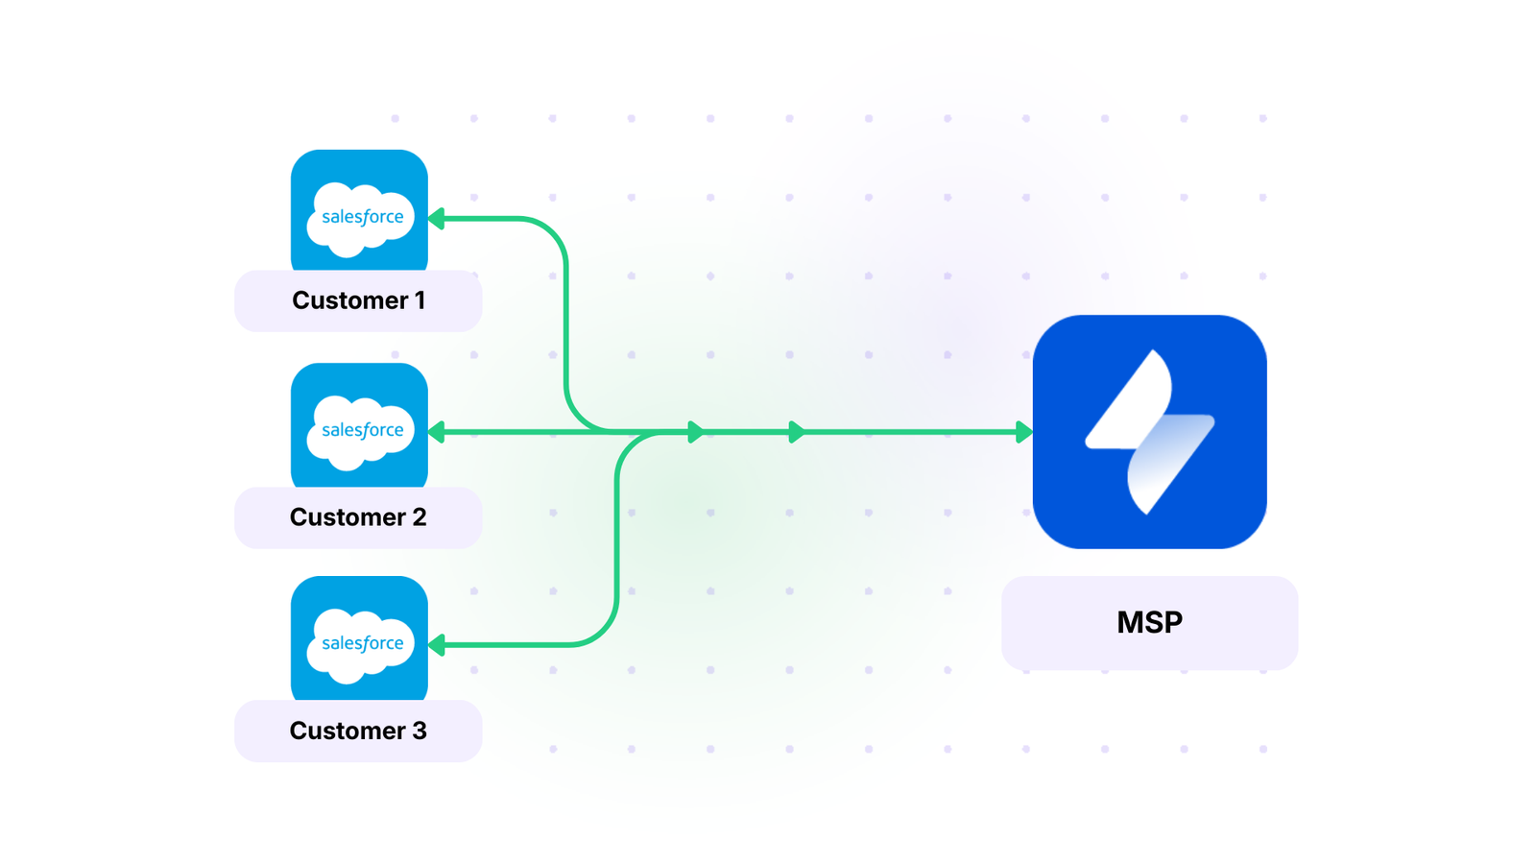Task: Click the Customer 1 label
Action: tap(358, 300)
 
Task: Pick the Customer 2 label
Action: tap(358, 517)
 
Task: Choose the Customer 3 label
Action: tap(358, 731)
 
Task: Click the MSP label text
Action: tap(1149, 622)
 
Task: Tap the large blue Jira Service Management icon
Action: tap(1149, 432)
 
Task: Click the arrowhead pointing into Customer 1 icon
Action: tap(437, 219)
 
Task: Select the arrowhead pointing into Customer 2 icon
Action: tap(437, 432)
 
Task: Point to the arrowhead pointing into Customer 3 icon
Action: tap(437, 645)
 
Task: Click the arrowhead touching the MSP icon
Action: tap(1024, 432)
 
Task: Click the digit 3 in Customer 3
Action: tap(419, 731)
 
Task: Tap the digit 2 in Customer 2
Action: tap(419, 517)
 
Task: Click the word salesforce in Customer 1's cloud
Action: tap(362, 217)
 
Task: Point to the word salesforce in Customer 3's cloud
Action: tap(362, 643)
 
